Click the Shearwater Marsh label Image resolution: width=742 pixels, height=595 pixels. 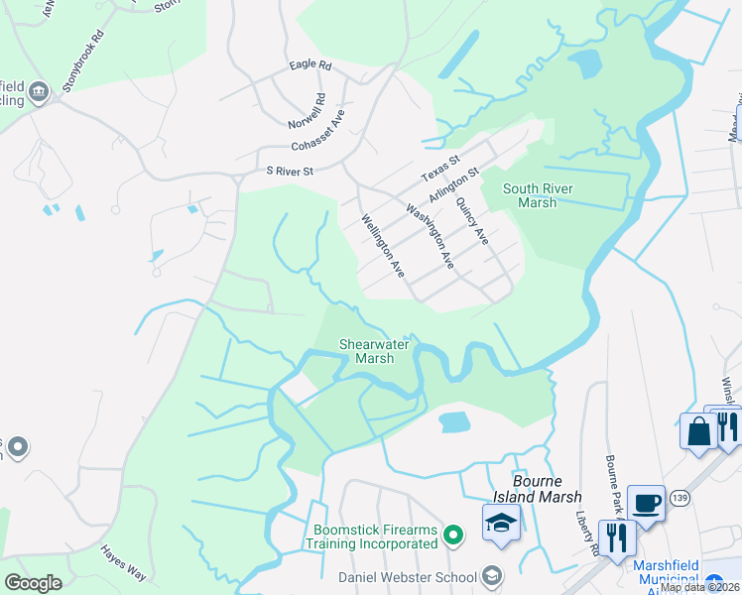(368, 351)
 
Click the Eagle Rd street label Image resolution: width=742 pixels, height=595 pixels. (310, 64)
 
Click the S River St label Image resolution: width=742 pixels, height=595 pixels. (290, 171)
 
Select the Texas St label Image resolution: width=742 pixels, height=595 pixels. (441, 167)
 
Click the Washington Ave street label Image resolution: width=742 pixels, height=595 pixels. (430, 236)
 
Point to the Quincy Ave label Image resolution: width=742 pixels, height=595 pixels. (472, 221)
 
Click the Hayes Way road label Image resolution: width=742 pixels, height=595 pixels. (122, 562)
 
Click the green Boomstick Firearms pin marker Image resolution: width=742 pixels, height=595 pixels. (454, 536)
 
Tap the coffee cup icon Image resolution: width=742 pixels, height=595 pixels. (646, 503)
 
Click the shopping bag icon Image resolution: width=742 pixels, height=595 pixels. (698, 431)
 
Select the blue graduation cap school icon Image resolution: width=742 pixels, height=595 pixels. (501, 523)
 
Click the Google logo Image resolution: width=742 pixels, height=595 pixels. (33, 583)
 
